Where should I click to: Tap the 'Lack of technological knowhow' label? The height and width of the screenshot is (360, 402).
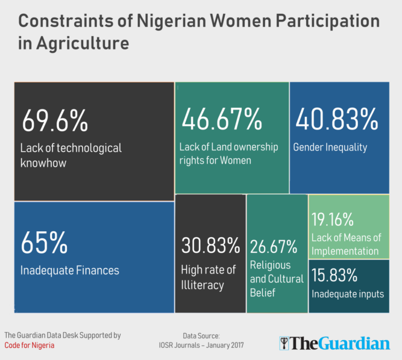pos(71,155)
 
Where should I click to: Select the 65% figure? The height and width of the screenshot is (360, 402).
pos(44,243)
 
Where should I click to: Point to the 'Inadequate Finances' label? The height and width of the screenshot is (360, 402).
pos(69,270)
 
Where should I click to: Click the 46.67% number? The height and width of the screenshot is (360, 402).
pos(221,120)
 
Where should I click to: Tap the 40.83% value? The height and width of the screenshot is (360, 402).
pos(336,120)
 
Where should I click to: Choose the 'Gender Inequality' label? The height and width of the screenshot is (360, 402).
pos(330,147)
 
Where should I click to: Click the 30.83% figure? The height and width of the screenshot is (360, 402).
pos(210,246)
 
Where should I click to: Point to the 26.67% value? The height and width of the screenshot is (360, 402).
pos(274,247)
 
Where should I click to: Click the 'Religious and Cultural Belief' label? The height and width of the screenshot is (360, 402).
pos(271,279)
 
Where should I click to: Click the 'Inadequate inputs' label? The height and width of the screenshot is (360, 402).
pos(347,294)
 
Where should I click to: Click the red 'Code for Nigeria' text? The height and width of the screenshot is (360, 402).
pos(29,345)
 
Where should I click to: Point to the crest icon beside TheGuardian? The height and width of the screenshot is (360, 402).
pos(284,343)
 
